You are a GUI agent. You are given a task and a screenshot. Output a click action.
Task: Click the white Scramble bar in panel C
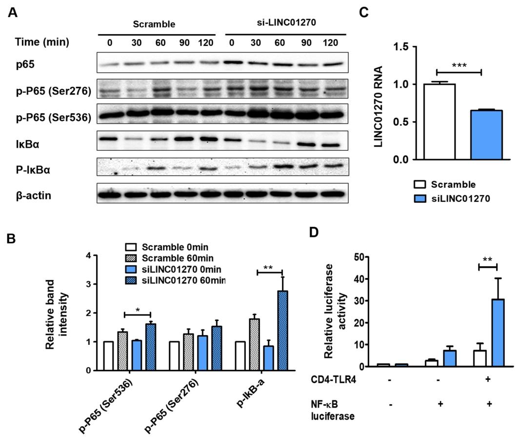439,122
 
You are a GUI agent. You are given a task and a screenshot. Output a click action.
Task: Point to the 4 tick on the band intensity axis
88,256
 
